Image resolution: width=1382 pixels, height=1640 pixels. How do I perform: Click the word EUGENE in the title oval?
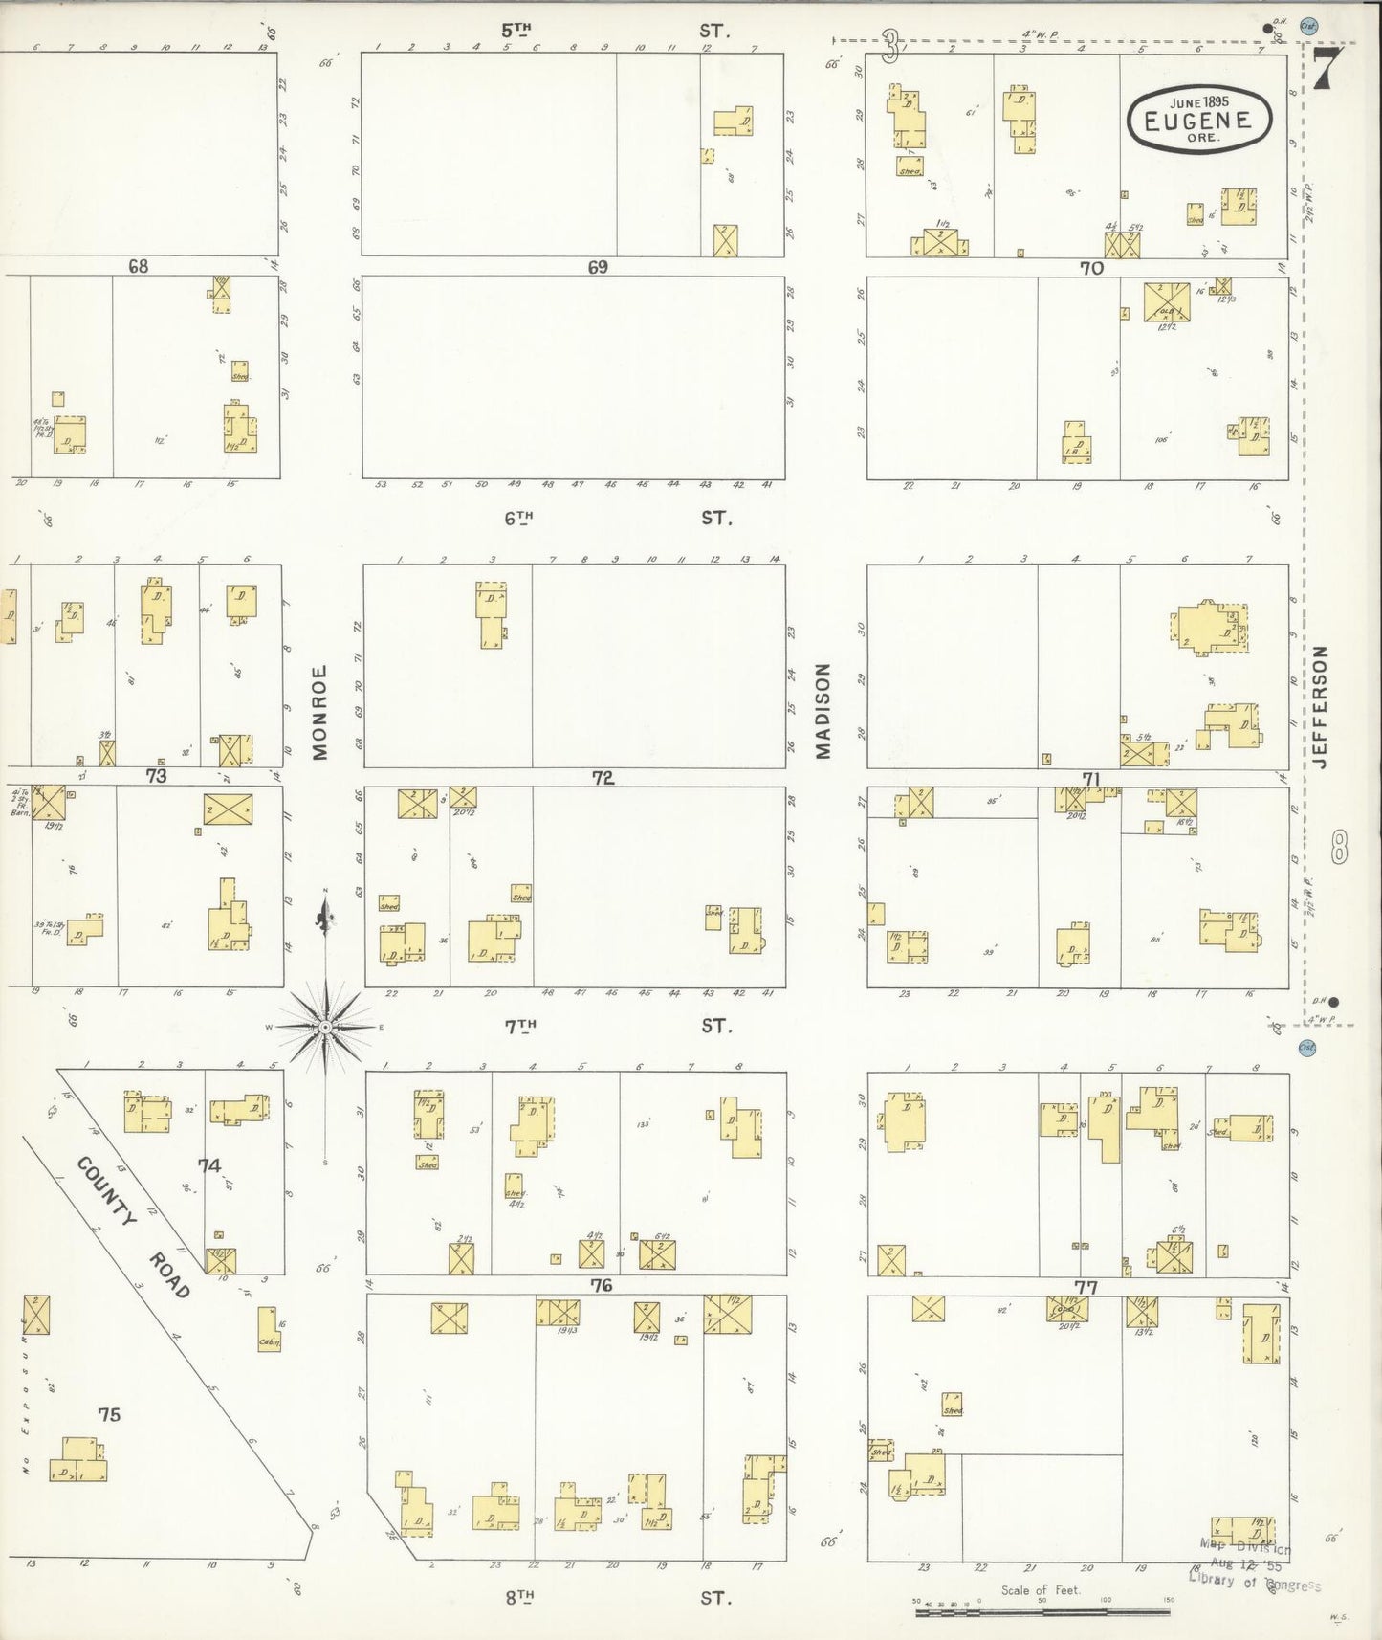tap(1200, 121)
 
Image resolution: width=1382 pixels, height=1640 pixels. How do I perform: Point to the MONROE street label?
tap(320, 713)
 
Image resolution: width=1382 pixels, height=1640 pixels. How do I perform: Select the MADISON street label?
tap(823, 711)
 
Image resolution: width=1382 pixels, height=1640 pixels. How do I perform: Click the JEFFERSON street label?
tap(1322, 707)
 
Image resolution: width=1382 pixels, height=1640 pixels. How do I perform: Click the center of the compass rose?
tap(325, 1027)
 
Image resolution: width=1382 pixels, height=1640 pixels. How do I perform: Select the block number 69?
tap(598, 267)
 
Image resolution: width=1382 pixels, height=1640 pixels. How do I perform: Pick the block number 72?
tap(603, 778)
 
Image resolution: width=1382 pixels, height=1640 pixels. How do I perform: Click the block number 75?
tap(109, 1414)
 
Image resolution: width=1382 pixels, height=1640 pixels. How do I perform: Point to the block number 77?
tap(1086, 1287)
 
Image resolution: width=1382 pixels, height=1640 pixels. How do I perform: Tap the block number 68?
tap(139, 266)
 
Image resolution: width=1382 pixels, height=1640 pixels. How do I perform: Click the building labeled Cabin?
tap(268, 1329)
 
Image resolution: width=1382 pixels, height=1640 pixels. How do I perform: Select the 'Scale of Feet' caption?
tap(1040, 1590)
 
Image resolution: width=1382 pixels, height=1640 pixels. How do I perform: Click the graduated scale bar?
tap(1042, 1612)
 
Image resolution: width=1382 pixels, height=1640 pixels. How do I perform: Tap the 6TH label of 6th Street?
tap(518, 518)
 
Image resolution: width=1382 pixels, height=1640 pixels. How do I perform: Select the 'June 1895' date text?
tap(1199, 100)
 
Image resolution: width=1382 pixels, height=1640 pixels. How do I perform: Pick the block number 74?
tap(209, 1164)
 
